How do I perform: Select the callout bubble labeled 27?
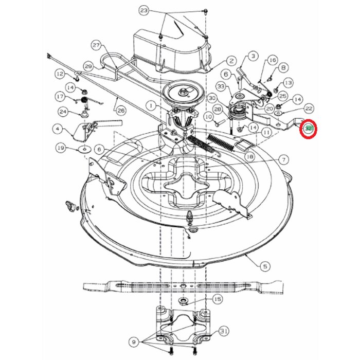pos(95,45)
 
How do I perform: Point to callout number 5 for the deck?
pos(265,266)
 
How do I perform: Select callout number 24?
pos(63,111)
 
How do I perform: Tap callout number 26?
pos(121,110)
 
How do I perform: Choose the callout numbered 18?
pos(250,156)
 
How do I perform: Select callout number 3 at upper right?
pos(253,56)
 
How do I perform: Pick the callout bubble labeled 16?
pos(273,60)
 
